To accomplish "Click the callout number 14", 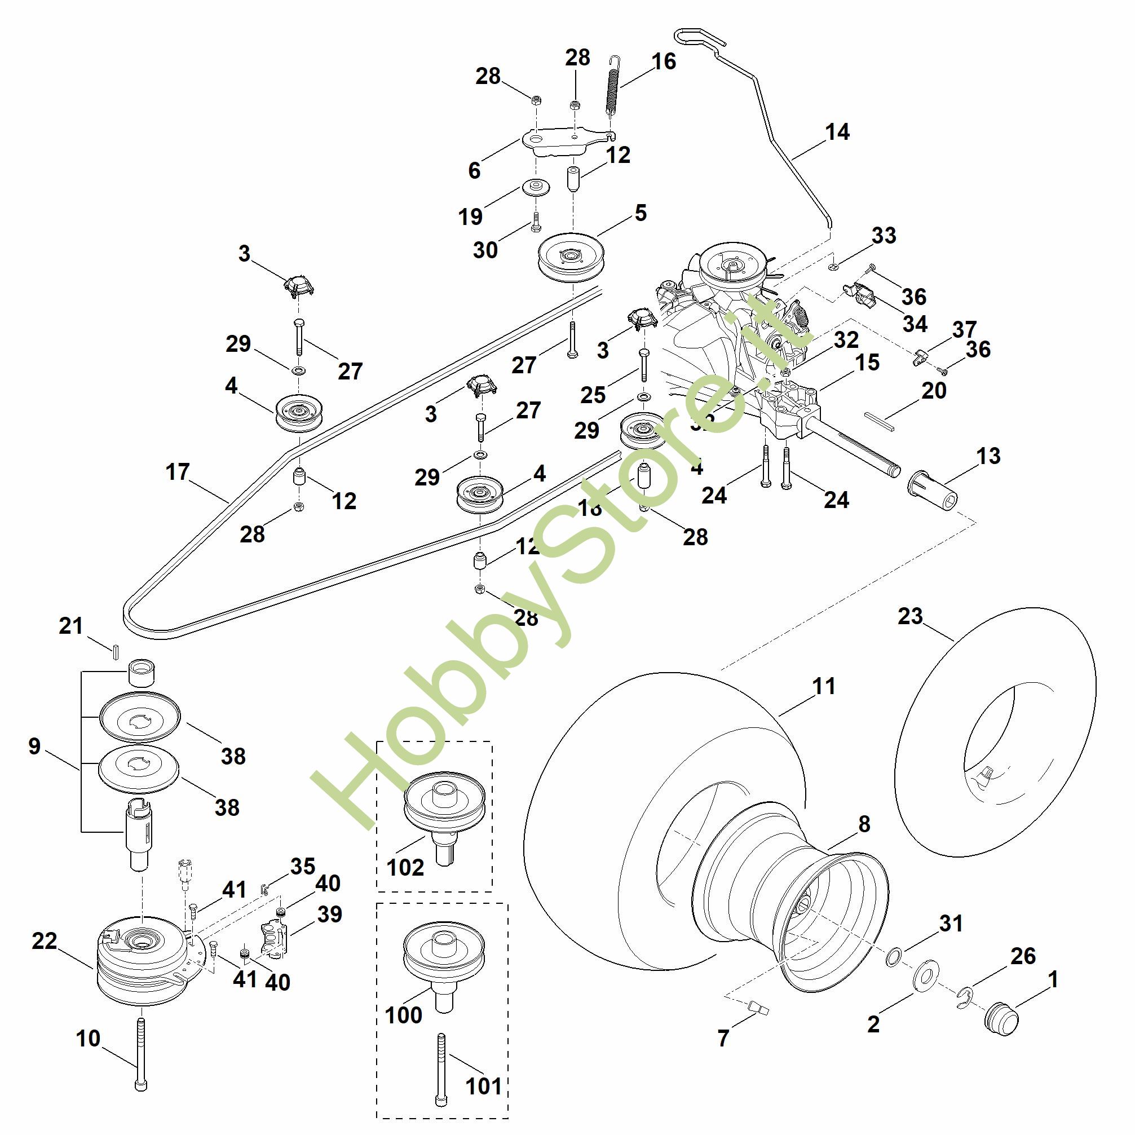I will [837, 131].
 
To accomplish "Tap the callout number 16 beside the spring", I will [664, 61].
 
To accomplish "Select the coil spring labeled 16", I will [613, 88].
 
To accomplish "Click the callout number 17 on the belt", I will [178, 471].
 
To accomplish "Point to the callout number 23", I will [910, 616].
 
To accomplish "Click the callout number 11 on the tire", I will [824, 686].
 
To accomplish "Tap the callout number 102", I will [405, 867].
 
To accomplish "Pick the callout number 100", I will [403, 1014].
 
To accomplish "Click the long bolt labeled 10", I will [141, 1057].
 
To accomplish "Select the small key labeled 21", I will [116, 650].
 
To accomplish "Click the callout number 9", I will [34, 746].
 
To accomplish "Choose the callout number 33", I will [884, 235].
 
